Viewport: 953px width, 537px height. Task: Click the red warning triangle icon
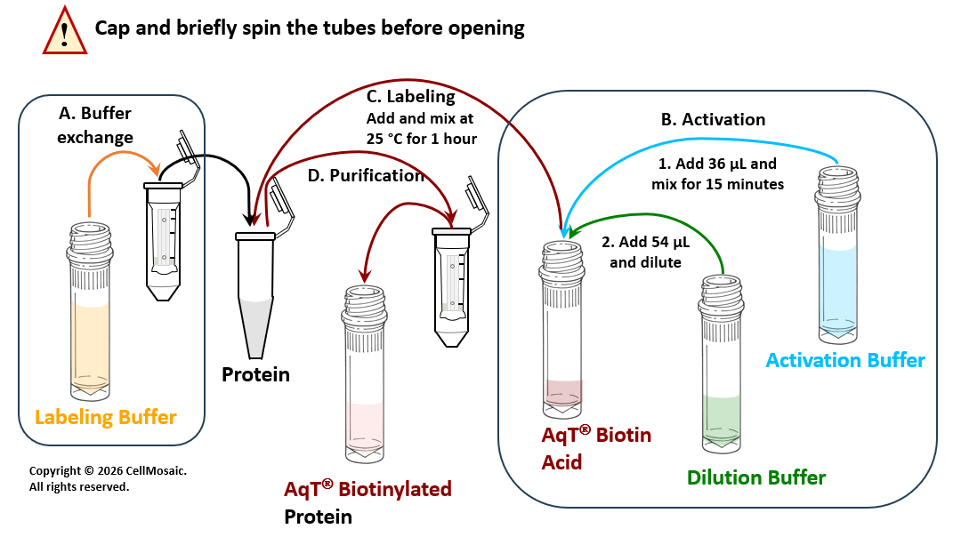(64, 31)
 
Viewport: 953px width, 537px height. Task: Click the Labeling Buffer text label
(105, 417)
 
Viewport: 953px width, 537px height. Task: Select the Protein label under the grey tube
(255, 374)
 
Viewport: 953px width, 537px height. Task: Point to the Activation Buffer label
(844, 360)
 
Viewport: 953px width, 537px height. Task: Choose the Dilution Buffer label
(756, 477)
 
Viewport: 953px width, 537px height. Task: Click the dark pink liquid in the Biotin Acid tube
(562, 395)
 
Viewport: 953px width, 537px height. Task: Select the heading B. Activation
(713, 119)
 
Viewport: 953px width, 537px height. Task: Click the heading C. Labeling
(411, 97)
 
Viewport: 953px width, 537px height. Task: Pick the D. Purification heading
(366, 175)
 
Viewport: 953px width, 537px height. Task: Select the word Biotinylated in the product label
(395, 489)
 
